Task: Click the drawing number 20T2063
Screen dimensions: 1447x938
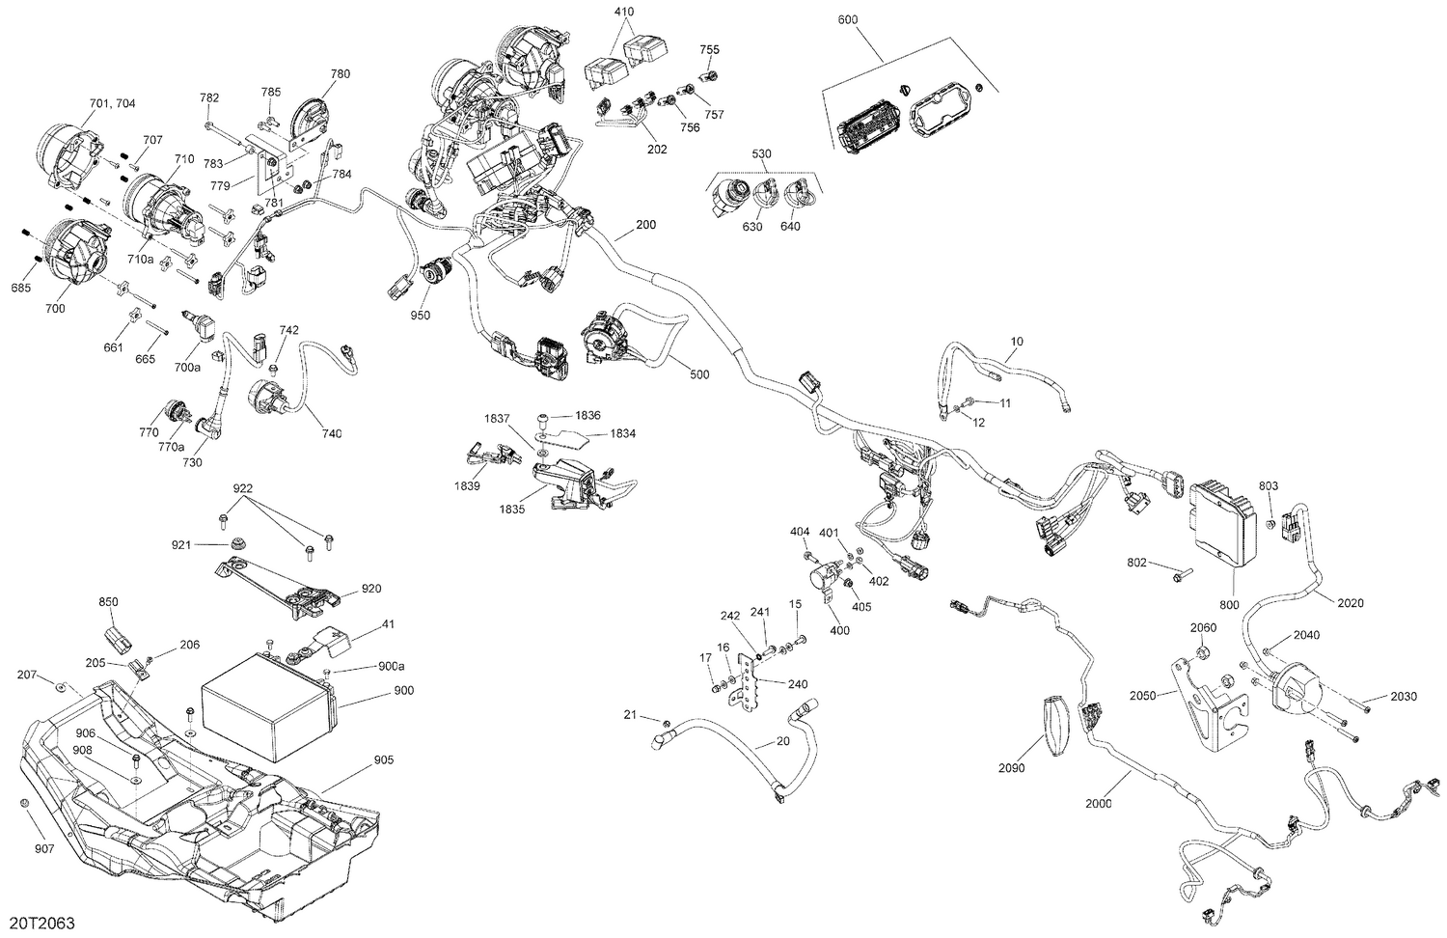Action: click(x=42, y=923)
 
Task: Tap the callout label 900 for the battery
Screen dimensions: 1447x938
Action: click(x=403, y=691)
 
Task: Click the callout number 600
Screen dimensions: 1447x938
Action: click(x=848, y=20)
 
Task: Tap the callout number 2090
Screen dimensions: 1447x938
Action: click(x=1012, y=768)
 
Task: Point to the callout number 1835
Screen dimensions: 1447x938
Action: click(x=511, y=510)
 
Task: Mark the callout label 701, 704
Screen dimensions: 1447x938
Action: click(x=113, y=103)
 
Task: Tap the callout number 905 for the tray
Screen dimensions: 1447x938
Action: click(x=384, y=759)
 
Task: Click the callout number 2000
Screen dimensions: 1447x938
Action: click(x=1099, y=804)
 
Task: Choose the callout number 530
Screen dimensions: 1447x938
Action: click(x=762, y=153)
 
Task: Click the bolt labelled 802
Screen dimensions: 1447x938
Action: click(x=1180, y=572)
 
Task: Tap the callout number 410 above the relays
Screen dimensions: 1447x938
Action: click(x=623, y=12)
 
